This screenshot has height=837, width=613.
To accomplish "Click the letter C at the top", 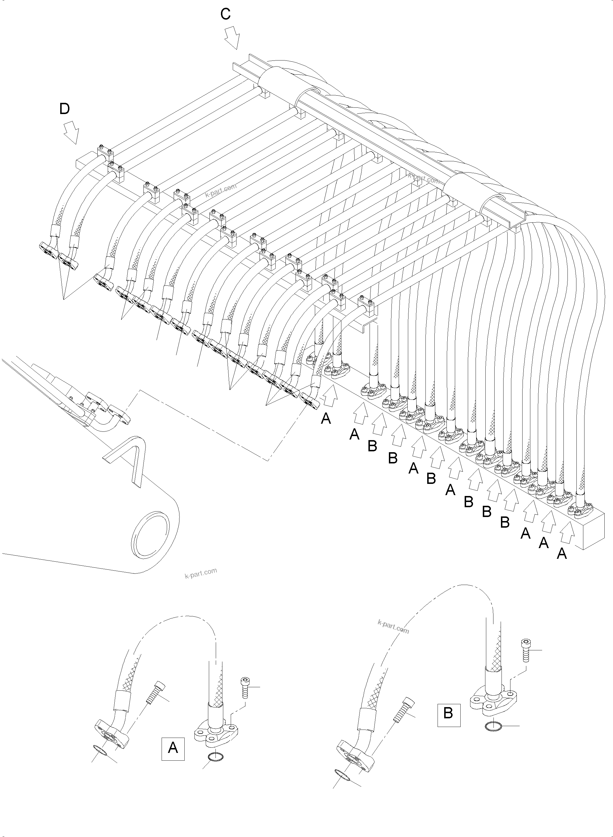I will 226,14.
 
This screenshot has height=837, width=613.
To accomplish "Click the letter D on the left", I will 65,109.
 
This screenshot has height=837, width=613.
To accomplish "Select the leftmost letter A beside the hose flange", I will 326,419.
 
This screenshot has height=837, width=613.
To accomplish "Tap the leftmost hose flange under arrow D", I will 48,249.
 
